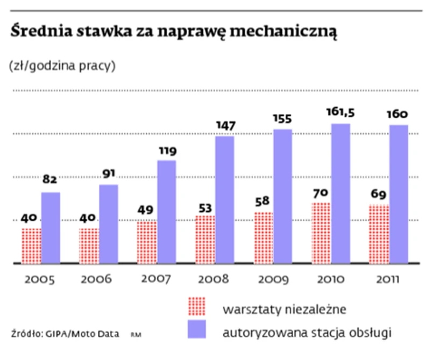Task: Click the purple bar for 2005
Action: pyautogui.click(x=51, y=227)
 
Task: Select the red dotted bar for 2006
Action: pyautogui.click(x=89, y=245)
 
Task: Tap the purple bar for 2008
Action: pyautogui.click(x=224, y=199)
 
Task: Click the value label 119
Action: pyautogui.click(x=167, y=151)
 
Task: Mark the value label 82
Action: pyautogui.click(x=51, y=181)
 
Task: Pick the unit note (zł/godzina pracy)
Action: pyautogui.click(x=62, y=66)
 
